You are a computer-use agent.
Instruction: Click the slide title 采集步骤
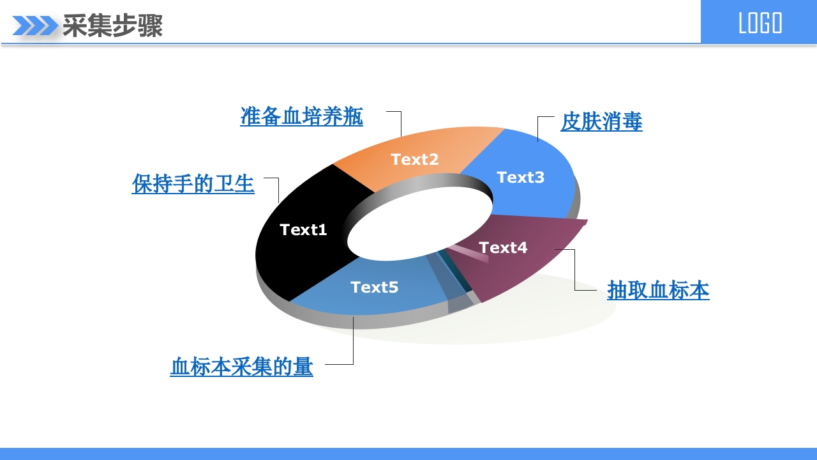click(113, 26)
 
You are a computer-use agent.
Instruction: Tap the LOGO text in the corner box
click(760, 23)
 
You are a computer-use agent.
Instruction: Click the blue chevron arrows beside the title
click(35, 26)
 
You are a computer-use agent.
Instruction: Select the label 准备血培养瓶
click(302, 116)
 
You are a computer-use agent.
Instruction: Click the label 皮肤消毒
click(601, 121)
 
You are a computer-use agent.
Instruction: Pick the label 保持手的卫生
click(193, 183)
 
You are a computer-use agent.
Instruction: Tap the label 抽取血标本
click(658, 290)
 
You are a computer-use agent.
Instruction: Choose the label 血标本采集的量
click(241, 367)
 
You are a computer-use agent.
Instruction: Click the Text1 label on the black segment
click(303, 229)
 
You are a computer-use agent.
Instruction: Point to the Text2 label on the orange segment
click(415, 159)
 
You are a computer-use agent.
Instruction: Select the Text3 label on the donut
click(520, 177)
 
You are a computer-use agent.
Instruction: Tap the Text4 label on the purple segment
click(503, 247)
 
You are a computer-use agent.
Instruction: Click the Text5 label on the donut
click(374, 287)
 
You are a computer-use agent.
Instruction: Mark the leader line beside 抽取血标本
click(575, 270)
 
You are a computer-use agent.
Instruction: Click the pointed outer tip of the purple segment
click(587, 220)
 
